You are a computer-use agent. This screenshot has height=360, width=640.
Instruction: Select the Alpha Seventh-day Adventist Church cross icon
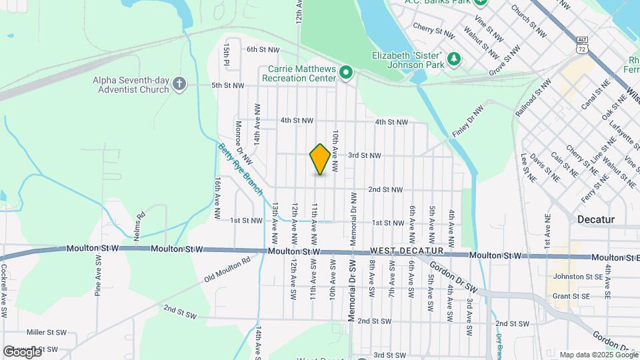(179, 83)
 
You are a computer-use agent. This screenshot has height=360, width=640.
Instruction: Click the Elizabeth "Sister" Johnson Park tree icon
(455, 59)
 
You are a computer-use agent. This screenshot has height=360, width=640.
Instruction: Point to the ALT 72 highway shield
(583, 45)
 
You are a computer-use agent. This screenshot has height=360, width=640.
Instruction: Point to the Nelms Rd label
(140, 225)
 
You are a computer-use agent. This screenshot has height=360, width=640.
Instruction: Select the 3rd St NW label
(364, 155)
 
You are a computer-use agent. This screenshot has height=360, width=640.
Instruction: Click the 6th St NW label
(263, 49)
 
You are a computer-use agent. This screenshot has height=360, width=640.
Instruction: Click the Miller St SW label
(47, 331)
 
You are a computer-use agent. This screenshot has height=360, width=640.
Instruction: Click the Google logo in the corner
(22, 351)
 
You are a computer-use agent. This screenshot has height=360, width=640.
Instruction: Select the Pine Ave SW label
(99, 281)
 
